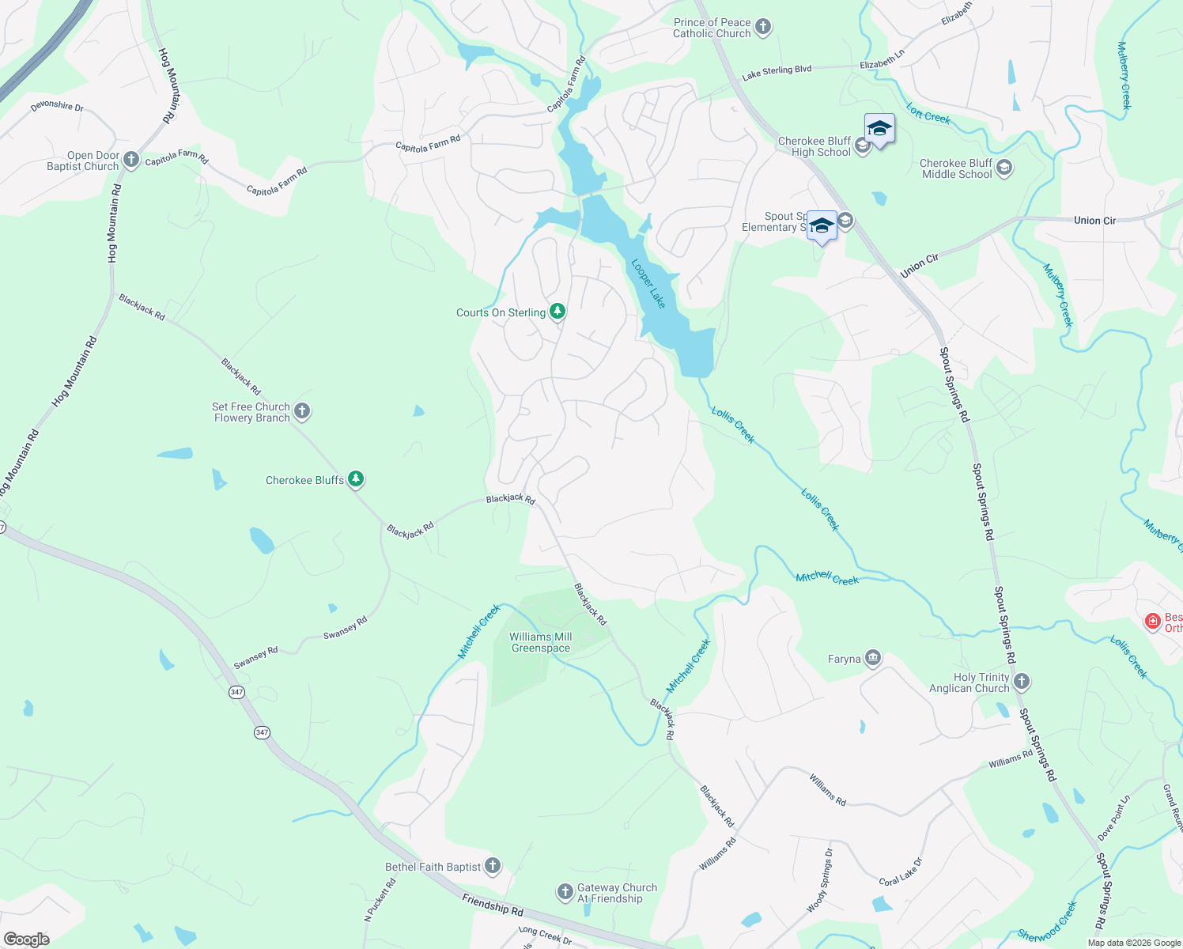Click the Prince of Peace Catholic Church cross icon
(763, 28)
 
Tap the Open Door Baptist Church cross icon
(131, 161)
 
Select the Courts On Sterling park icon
(557, 312)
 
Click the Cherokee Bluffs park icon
(357, 479)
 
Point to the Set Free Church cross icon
(302, 411)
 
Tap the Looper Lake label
(648, 283)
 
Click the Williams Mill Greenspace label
(541, 642)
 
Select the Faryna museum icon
(873, 658)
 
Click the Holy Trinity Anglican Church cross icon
(1022, 682)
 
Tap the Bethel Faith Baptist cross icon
(493, 866)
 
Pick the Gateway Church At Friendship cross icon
(565, 893)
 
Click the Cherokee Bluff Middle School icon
(1004, 168)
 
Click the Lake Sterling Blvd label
(777, 72)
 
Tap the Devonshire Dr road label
(57, 106)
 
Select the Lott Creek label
(928, 115)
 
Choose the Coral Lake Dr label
(901, 871)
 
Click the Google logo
(27, 940)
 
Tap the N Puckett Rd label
(380, 900)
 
